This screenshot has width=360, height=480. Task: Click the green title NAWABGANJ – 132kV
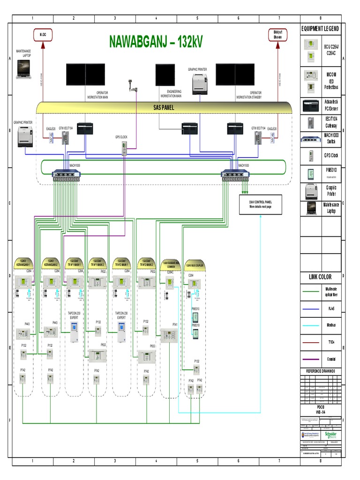156,42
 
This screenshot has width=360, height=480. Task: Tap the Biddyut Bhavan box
277,34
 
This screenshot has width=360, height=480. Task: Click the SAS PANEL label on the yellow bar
164,107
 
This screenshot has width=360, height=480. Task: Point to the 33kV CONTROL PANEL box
261,204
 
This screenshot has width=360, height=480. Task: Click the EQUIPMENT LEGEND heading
320,29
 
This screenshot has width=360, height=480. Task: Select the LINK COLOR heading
320,277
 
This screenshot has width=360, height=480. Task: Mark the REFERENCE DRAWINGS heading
320,371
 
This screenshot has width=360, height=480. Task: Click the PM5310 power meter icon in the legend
310,173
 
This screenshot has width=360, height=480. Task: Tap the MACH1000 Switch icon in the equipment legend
310,139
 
